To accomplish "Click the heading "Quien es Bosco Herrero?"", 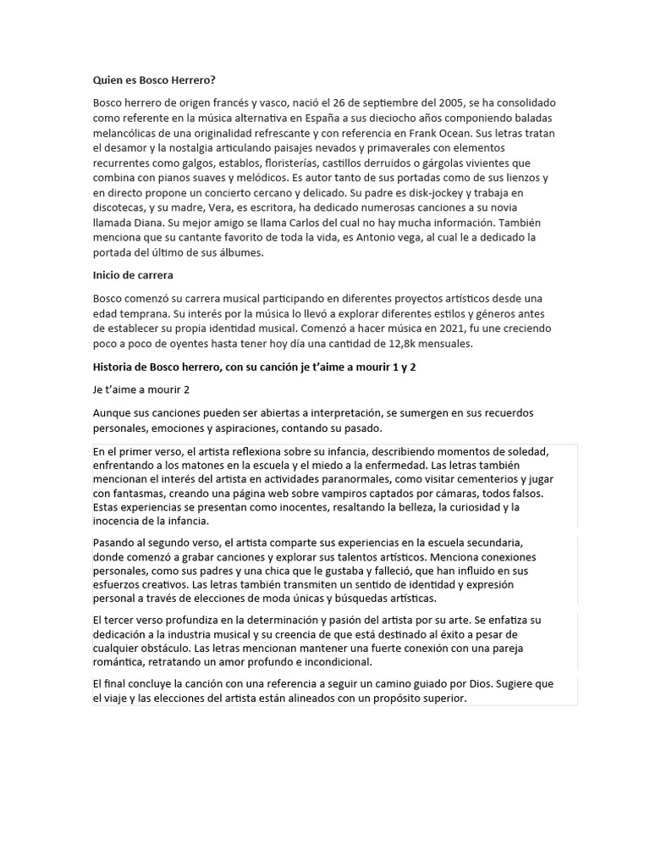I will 154,80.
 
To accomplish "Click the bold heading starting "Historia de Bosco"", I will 255,367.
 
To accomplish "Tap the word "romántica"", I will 119,662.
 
